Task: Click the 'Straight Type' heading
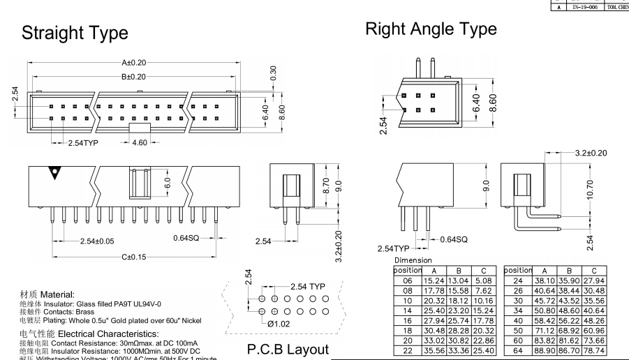click(x=75, y=33)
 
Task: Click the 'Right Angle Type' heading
click(x=431, y=29)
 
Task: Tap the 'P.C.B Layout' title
click(x=288, y=350)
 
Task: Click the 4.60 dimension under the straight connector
click(x=139, y=142)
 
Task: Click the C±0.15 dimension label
click(x=134, y=257)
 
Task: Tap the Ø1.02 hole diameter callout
click(x=279, y=324)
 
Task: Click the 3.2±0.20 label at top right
click(x=591, y=153)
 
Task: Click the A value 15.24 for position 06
click(x=434, y=280)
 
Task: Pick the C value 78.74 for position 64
click(x=594, y=350)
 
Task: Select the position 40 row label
click(x=518, y=320)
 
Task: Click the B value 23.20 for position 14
click(x=458, y=310)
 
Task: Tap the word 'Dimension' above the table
click(x=413, y=260)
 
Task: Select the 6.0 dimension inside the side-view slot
click(x=168, y=183)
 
